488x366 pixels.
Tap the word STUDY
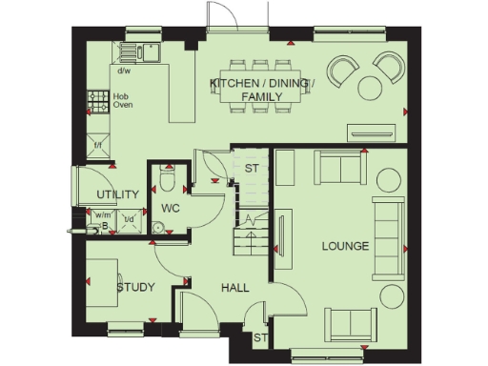click(135, 287)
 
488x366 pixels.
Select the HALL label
click(235, 287)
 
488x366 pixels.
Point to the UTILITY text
click(118, 194)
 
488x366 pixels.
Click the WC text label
click(171, 207)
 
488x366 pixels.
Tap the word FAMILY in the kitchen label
click(260, 97)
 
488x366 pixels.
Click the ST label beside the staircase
click(252, 169)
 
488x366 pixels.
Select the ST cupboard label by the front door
click(259, 337)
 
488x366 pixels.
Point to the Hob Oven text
click(122, 101)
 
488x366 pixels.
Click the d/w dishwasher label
click(124, 71)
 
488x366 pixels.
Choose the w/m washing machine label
click(103, 215)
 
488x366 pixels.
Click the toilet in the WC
click(168, 178)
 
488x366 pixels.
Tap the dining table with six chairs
click(260, 87)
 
